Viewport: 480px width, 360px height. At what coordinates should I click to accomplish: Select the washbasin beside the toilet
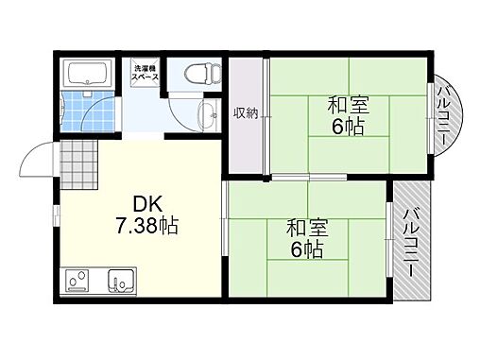point(206,117)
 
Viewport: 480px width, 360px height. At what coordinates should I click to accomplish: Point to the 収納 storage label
point(246,113)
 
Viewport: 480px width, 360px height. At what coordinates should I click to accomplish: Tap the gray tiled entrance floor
point(78,165)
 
